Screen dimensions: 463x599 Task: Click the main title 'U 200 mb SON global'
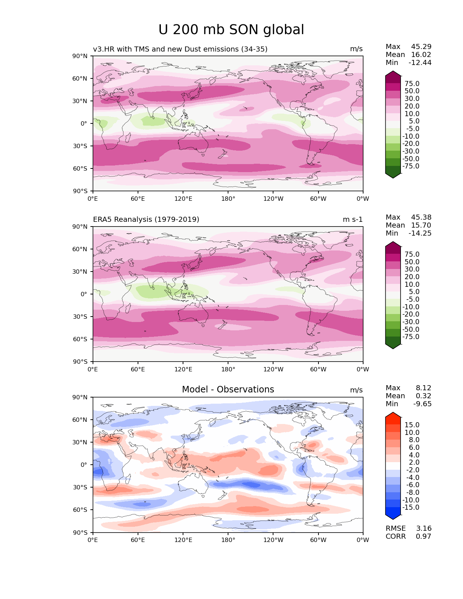tap(231, 30)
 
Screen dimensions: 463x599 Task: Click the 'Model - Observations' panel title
tap(228, 389)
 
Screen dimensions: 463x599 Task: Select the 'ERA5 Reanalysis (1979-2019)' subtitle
tap(146, 219)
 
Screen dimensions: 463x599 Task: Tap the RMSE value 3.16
tap(423, 528)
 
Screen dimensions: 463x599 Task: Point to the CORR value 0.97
tap(423, 536)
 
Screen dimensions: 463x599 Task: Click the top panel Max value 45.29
tap(421, 46)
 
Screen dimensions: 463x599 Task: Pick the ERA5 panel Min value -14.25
tap(420, 233)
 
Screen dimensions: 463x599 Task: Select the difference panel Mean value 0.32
tap(423, 396)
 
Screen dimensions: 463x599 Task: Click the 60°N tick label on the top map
tap(80, 78)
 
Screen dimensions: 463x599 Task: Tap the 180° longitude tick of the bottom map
tap(228, 540)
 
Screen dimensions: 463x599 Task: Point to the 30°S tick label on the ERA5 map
tap(80, 317)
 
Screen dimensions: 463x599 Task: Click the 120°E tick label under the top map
tap(183, 199)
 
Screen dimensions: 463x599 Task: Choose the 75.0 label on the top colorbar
tap(412, 83)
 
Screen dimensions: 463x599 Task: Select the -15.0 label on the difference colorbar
tap(411, 507)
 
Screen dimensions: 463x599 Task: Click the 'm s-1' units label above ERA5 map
tap(353, 219)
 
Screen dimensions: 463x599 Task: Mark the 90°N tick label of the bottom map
tap(80, 397)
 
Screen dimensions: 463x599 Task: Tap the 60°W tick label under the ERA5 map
tap(318, 369)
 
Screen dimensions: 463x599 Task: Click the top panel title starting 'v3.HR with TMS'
tap(180, 49)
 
